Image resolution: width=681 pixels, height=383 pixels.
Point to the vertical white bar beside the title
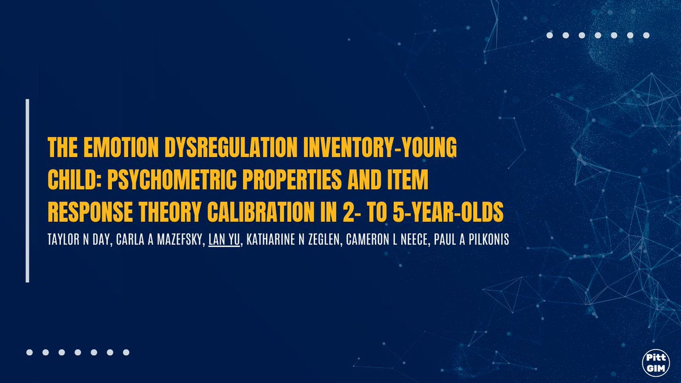point(27,191)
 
